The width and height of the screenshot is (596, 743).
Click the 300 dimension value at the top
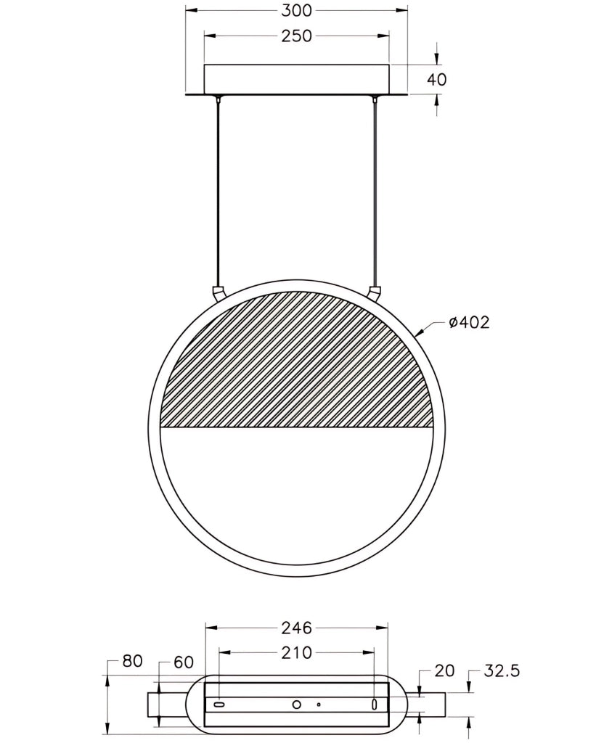coord(296,10)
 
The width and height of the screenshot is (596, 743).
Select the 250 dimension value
coord(296,36)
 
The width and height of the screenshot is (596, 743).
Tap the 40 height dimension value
coord(437,79)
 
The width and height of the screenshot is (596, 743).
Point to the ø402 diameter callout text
coord(469,322)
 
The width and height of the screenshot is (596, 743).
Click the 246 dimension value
coord(296,628)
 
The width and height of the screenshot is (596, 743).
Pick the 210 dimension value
coord(296,652)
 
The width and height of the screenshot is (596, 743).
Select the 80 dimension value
coord(132,660)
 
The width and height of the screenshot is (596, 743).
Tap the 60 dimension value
coord(184,662)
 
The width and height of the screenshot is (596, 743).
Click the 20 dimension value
coord(444,670)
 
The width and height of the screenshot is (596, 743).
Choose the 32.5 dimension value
coord(502,670)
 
